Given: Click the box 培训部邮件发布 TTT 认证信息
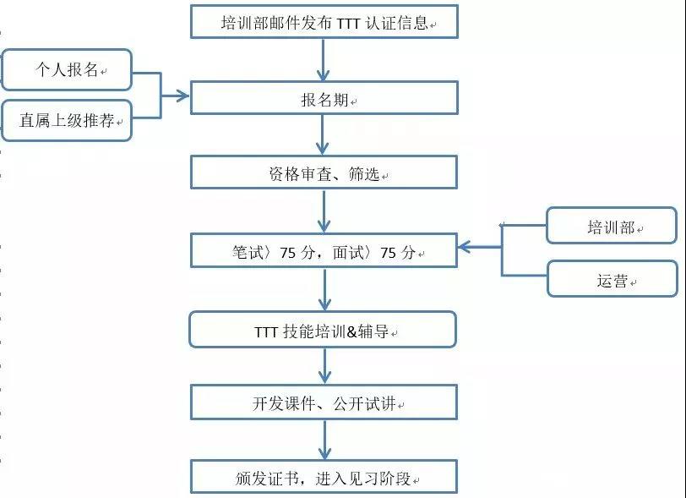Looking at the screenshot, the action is [x=324, y=22].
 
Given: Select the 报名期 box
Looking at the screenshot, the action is [x=324, y=98].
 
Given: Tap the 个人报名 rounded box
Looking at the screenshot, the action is [x=67, y=69].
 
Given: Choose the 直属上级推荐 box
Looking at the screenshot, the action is [x=67, y=120].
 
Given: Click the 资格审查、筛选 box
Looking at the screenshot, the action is [x=324, y=172].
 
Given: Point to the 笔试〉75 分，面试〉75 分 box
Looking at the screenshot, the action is [x=324, y=250].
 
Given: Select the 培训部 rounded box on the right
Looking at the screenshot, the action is [x=612, y=226].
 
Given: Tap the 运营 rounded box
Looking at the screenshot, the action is [x=612, y=279].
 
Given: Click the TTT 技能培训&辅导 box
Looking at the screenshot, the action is [x=323, y=330].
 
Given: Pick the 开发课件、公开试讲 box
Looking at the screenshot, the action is [x=324, y=402].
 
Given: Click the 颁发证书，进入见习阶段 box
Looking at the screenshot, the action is [x=324, y=477].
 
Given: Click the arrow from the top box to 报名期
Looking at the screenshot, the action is [x=323, y=60].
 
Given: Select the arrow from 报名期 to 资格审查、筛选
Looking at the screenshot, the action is [x=323, y=135].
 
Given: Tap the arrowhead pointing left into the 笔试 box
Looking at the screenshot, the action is [x=465, y=247].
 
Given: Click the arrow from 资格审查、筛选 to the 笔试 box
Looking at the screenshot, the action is [x=324, y=211].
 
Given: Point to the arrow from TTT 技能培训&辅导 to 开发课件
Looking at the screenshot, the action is [x=324, y=366].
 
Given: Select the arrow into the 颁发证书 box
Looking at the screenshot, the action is [x=324, y=440].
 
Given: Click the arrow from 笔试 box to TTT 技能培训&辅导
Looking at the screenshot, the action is [x=324, y=289].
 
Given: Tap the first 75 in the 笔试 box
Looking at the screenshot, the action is [x=287, y=253].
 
